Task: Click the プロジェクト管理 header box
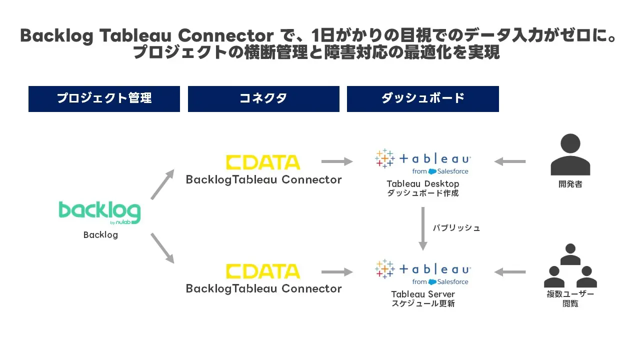104,98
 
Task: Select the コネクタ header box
263,98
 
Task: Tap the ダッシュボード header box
422,98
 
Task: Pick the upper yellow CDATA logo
263,162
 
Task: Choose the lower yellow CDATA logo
263,271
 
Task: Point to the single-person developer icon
570,154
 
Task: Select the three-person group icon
570,266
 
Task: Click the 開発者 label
570,184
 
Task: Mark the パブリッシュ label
456,228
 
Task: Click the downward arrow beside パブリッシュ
423,228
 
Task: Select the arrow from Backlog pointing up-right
162,184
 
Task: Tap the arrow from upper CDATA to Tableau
337,161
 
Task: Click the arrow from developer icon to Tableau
509,161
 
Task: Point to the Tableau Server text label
423,294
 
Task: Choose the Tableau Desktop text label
423,184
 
